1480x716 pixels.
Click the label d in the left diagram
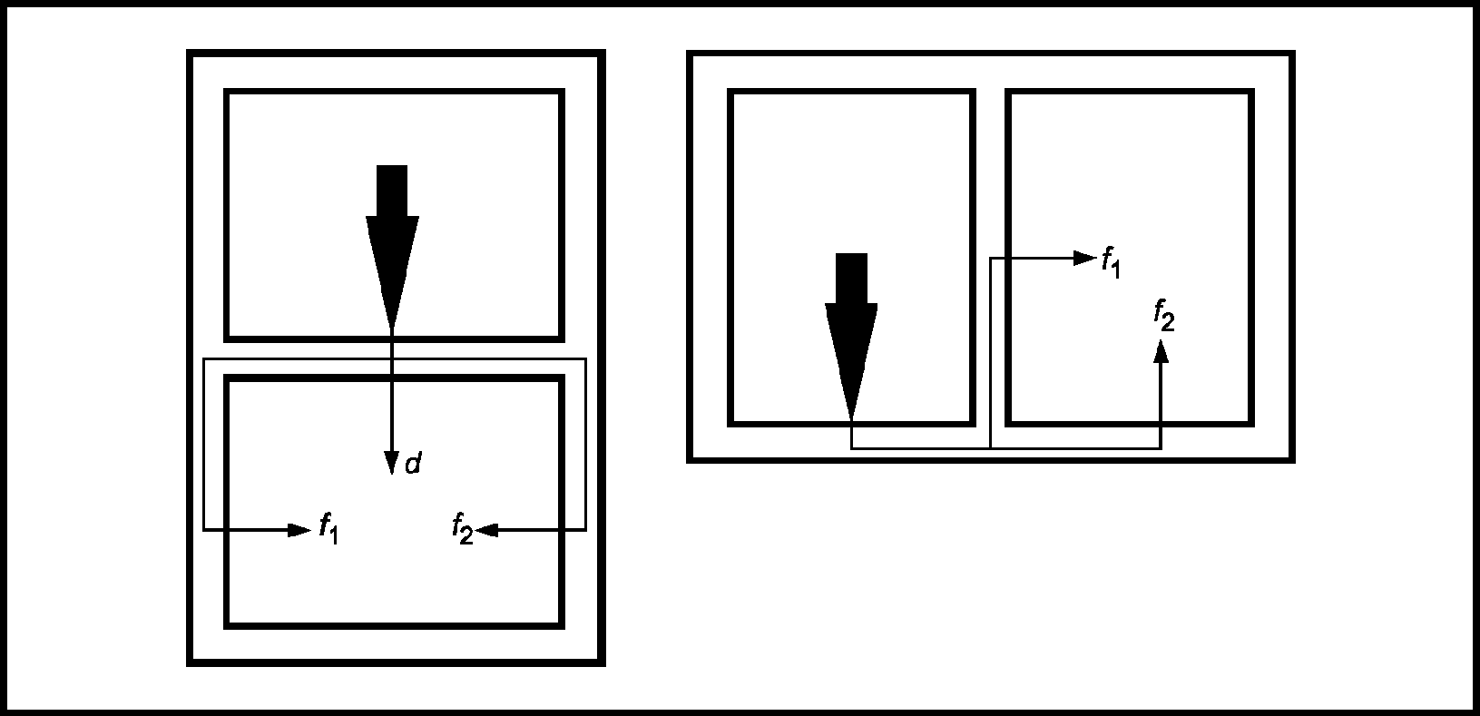(x=413, y=464)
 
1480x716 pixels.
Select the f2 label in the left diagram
(x=463, y=528)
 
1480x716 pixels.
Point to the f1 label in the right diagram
(x=1112, y=261)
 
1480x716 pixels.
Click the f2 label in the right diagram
(x=1164, y=315)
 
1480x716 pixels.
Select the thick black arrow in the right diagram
(x=851, y=336)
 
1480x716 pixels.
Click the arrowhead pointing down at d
(x=392, y=463)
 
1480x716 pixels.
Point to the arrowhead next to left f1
(x=299, y=530)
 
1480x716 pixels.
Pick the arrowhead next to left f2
(x=486, y=530)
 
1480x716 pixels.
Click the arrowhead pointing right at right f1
(x=1085, y=259)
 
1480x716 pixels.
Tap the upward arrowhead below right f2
(x=1161, y=350)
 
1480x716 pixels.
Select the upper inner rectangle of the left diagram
(x=395, y=92)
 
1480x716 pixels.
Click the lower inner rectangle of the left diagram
(x=395, y=378)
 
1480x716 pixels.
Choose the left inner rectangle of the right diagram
(x=852, y=92)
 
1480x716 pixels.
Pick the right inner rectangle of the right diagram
(x=1130, y=92)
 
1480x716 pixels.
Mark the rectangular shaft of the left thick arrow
(x=392, y=191)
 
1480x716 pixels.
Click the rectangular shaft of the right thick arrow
(x=852, y=279)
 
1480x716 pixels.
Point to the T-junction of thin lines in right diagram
(x=990, y=448)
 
